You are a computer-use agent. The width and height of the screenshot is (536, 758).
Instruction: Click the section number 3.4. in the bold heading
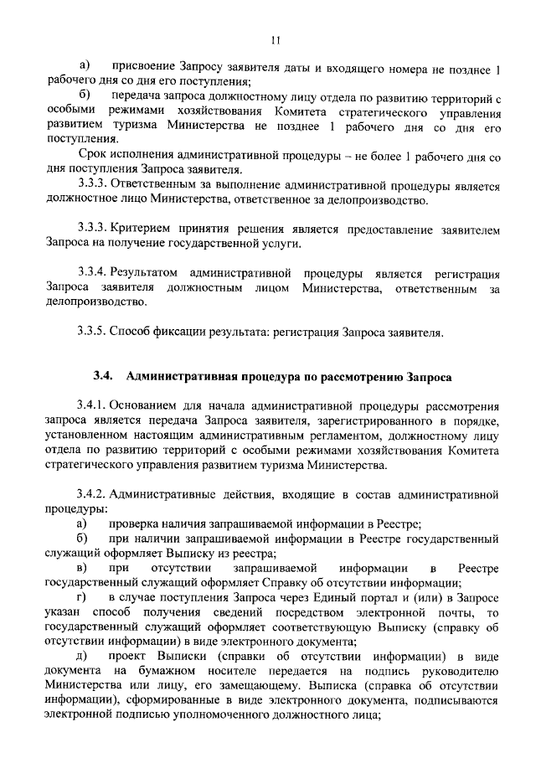coord(103,374)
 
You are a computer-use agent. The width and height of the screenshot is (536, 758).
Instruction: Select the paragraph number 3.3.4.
coord(92,273)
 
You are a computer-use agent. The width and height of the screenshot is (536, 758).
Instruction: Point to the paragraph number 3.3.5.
coord(92,331)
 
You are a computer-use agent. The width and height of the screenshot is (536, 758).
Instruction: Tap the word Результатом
coord(145,273)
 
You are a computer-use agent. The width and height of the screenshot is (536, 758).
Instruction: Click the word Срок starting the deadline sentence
coord(92,156)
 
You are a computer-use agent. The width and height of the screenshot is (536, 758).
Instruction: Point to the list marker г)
coord(82,596)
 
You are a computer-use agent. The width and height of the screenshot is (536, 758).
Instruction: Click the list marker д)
coord(82,655)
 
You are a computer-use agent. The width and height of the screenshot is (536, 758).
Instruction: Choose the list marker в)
coord(82,568)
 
